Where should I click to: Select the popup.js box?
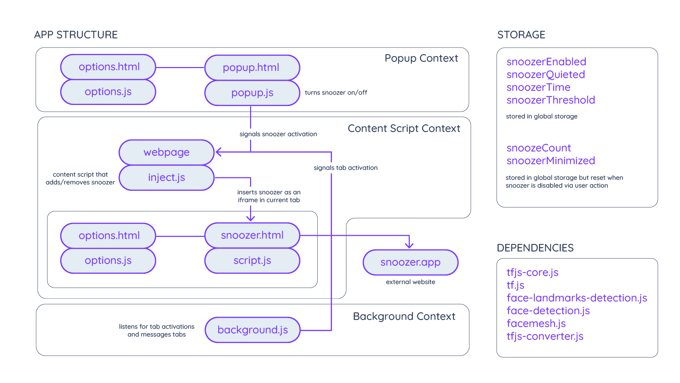[252, 93]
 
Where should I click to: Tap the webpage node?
[166, 152]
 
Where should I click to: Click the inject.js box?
[166, 177]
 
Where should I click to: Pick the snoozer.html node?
[252, 235]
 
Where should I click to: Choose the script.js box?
[252, 261]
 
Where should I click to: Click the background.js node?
[253, 330]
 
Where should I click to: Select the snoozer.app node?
[410, 262]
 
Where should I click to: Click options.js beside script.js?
[108, 261]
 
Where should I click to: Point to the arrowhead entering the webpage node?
[219, 152]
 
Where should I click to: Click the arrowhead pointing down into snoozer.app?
[409, 245]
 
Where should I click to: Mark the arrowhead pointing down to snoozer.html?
[250, 218]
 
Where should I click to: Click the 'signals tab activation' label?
[345, 168]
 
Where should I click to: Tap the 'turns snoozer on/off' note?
[336, 93]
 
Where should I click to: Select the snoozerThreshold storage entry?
[550, 100]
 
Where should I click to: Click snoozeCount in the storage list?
[538, 148]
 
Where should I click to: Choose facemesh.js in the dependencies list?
[536, 323]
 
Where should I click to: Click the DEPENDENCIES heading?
[535, 248]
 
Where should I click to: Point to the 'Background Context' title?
[404, 316]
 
